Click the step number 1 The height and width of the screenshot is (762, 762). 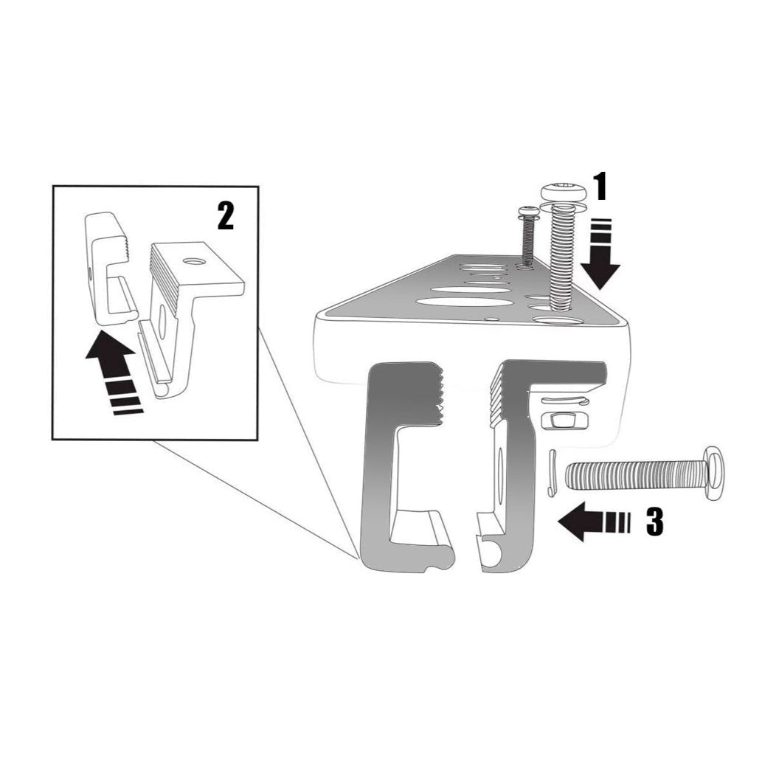[x=600, y=187]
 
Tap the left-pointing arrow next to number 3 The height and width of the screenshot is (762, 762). [x=590, y=522]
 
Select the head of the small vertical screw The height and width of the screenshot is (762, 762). [x=528, y=212]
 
